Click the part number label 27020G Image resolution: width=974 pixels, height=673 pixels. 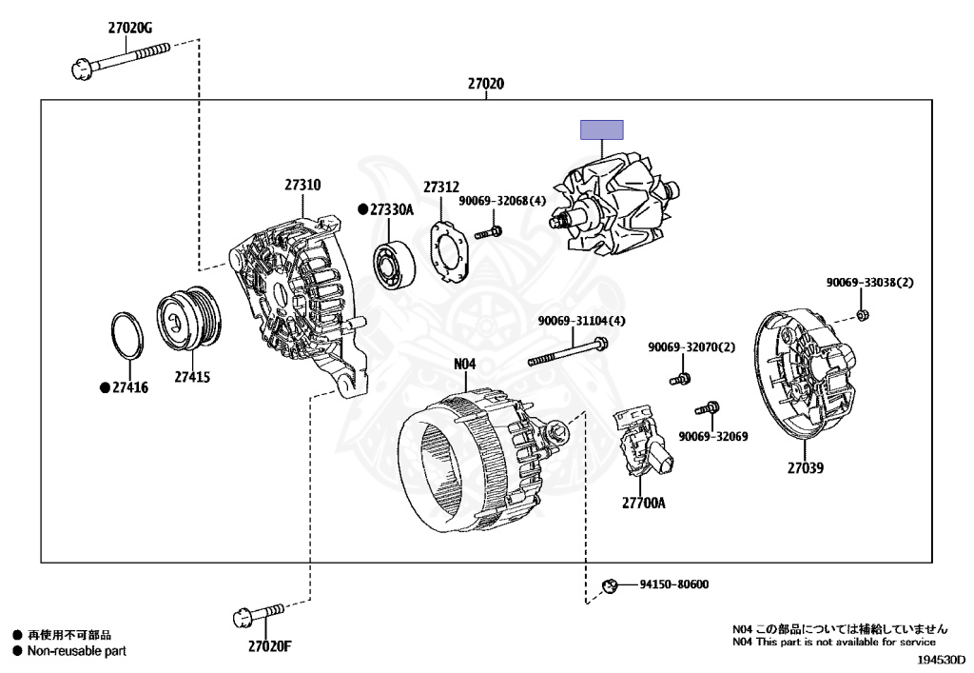click(x=130, y=28)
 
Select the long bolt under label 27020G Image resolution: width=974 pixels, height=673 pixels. click(x=119, y=59)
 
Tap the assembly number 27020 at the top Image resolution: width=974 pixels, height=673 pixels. click(x=485, y=84)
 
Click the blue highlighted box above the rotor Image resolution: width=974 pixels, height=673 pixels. click(x=602, y=129)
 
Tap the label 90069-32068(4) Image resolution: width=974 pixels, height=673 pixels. click(x=502, y=201)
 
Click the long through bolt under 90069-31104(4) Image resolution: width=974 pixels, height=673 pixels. click(x=568, y=352)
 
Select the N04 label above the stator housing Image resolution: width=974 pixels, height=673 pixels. click(x=464, y=363)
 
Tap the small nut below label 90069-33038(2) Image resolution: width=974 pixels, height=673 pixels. click(x=862, y=314)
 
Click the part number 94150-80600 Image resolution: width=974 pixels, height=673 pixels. click(x=673, y=584)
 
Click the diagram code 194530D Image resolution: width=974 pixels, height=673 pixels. click(x=941, y=659)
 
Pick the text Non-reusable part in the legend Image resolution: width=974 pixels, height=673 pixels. click(x=75, y=651)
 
